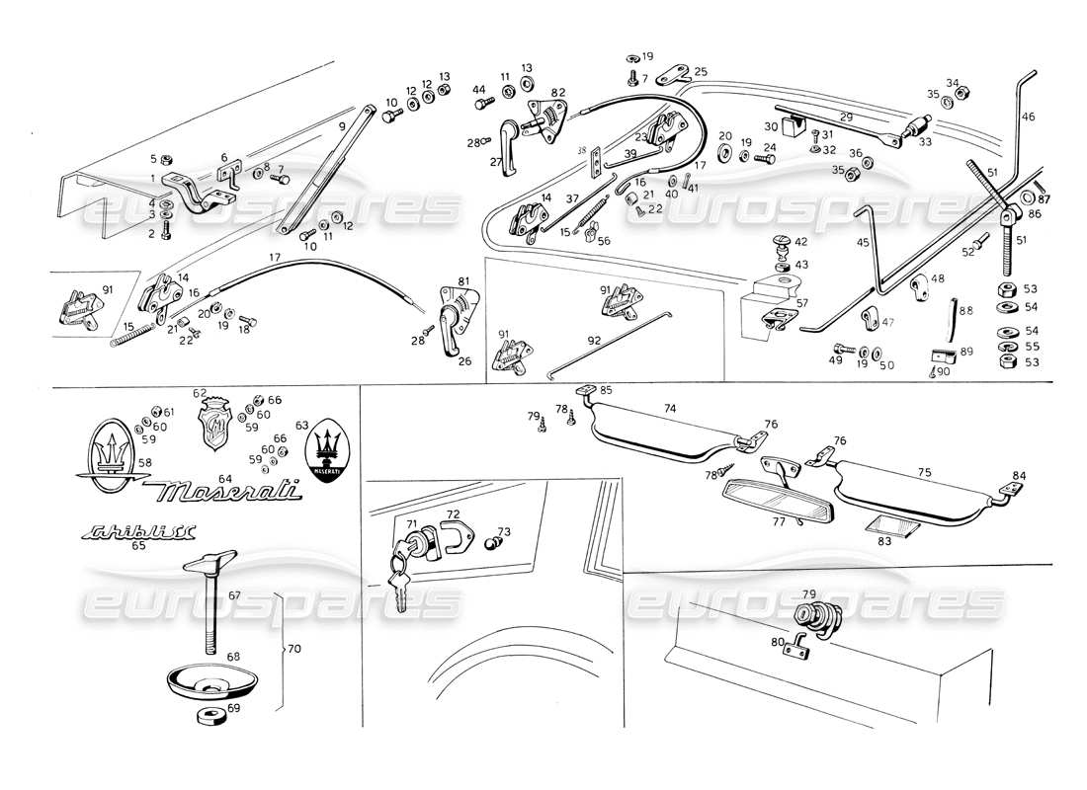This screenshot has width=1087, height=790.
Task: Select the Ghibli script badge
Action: click(139, 533)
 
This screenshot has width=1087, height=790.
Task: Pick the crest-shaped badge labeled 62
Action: click(217, 426)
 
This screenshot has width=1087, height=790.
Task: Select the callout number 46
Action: click(1029, 117)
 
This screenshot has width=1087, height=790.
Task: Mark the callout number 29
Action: click(846, 118)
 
